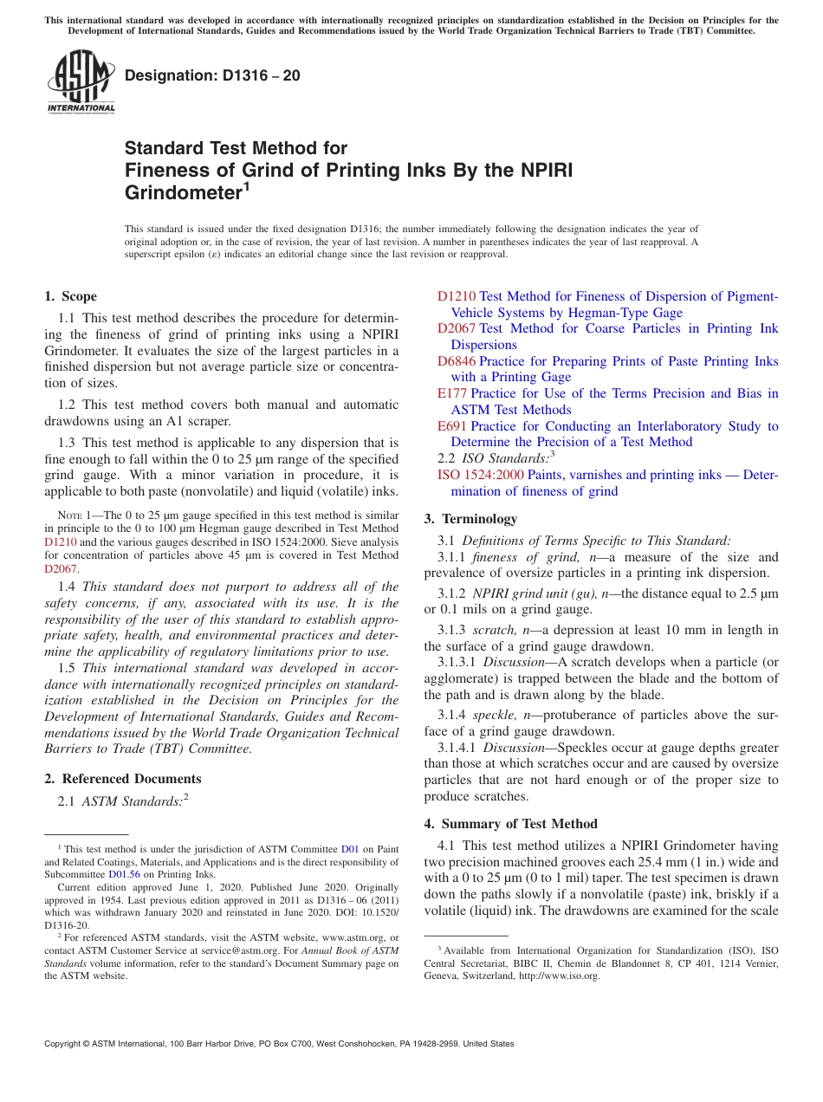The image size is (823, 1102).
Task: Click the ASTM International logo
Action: click(81, 81)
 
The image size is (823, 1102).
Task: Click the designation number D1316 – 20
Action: click(212, 75)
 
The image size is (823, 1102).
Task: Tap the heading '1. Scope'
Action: click(70, 296)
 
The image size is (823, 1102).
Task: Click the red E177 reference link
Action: click(452, 393)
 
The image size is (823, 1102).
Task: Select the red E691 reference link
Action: click(452, 426)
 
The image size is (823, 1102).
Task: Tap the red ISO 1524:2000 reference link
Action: click(480, 475)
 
